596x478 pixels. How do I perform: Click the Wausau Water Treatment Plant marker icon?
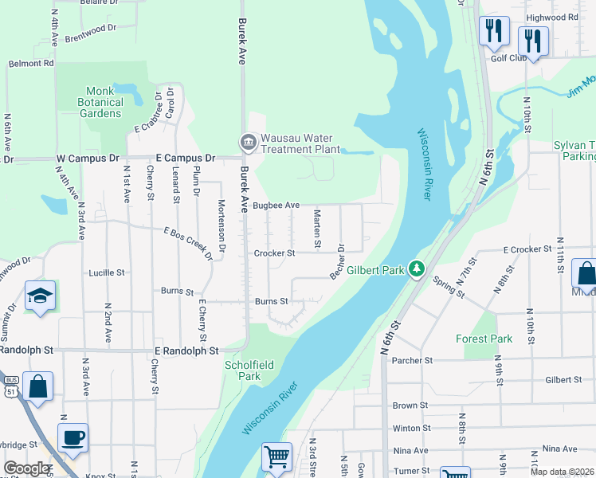tap(247, 143)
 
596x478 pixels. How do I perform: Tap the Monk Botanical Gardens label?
tap(100, 102)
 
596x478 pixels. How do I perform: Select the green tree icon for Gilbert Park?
tap(415, 270)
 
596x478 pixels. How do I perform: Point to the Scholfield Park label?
tap(249, 370)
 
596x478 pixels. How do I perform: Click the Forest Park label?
tap(484, 339)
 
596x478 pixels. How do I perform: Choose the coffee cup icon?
tap(73, 437)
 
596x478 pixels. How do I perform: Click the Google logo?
tap(27, 468)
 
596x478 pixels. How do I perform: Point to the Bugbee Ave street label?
tap(276, 206)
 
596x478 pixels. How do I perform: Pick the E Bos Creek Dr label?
tap(188, 242)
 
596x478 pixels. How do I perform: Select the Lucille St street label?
tap(107, 272)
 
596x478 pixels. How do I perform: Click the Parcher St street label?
tap(411, 360)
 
